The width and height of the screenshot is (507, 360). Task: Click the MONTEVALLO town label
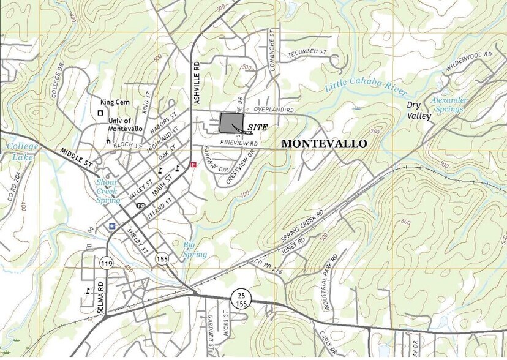pos(324,143)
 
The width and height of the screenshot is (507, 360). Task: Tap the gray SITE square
pos(231,122)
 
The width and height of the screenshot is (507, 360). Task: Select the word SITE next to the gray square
pos(258,127)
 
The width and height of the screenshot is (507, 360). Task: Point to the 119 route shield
pos(106,263)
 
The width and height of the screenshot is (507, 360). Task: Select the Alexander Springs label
pos(449,104)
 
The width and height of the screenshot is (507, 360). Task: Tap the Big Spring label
pos(195,250)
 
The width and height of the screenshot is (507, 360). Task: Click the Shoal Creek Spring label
pos(108,190)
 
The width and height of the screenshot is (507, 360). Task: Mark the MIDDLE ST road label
pos(76,157)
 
